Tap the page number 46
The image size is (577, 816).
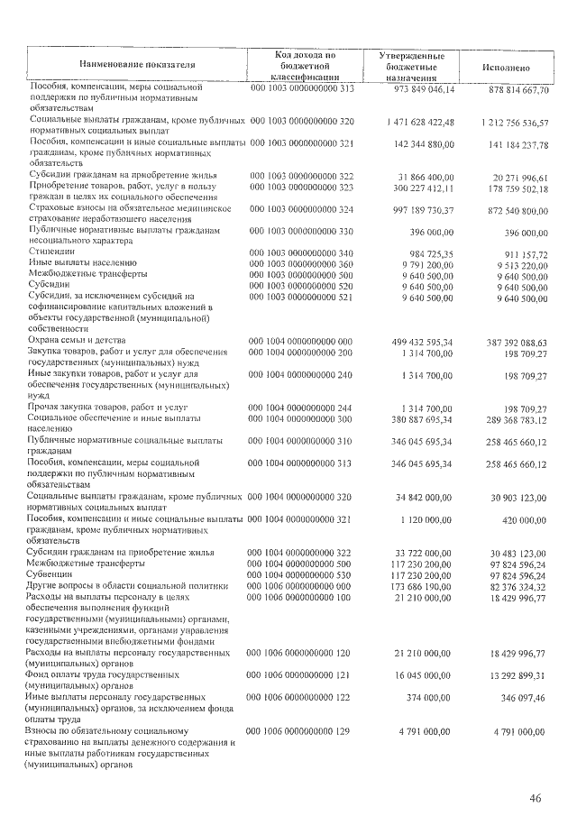point(535,798)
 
